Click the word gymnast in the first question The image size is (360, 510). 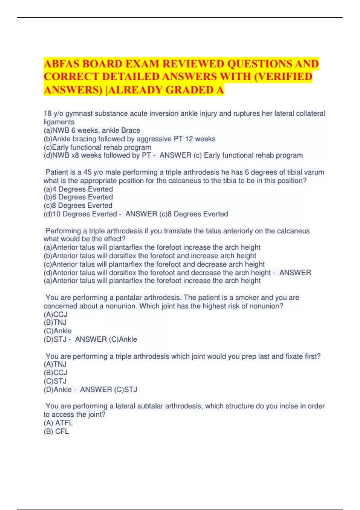pyautogui.click(x=79, y=114)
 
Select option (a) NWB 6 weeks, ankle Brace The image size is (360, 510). pyautogui.click(x=92, y=130)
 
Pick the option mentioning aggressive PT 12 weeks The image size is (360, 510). pyautogui.click(x=129, y=139)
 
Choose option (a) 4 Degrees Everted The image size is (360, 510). pyautogui.click(x=78, y=189)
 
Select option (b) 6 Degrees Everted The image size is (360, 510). pyautogui.click(x=78, y=197)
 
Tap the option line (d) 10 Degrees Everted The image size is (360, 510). pyautogui.click(x=80, y=214)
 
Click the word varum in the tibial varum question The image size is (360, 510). pyautogui.click(x=314, y=172)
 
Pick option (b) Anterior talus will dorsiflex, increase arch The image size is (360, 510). pyautogui.click(x=150, y=256)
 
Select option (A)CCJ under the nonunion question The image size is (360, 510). pyautogui.click(x=55, y=314)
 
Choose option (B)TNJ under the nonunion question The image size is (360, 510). pyautogui.click(x=55, y=322)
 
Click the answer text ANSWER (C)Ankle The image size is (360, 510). pyautogui.click(x=106, y=339)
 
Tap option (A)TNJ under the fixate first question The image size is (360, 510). pyautogui.click(x=55, y=364)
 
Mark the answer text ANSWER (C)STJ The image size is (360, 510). pyautogui.click(x=109, y=389)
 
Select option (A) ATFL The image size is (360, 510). pyautogui.click(x=58, y=423)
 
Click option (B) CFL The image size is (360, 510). pyautogui.click(x=56, y=431)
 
